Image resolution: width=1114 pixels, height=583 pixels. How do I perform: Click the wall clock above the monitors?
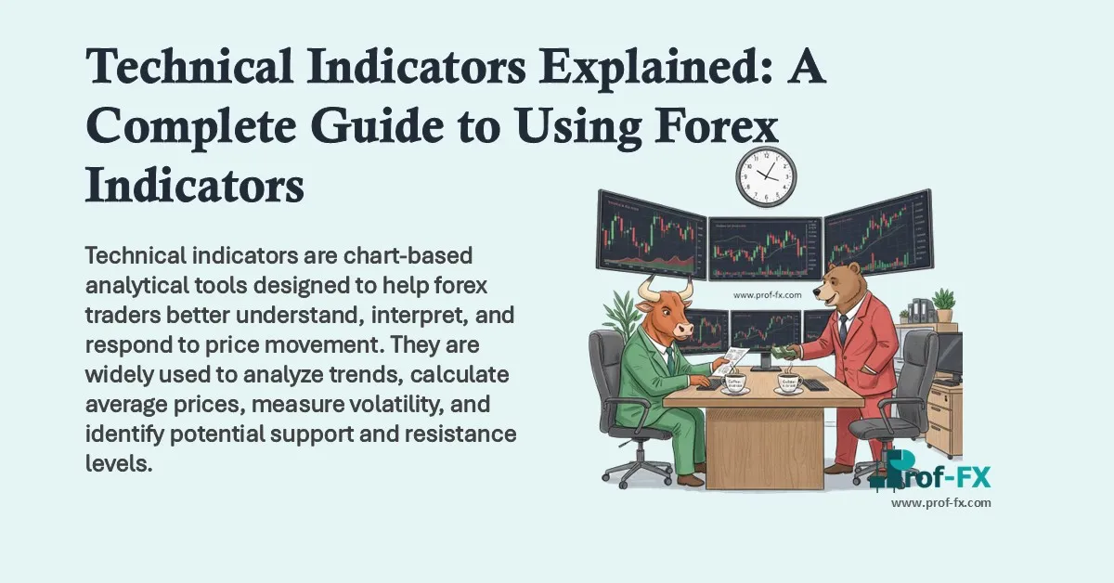767,176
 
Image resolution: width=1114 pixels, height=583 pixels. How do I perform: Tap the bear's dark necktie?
842,326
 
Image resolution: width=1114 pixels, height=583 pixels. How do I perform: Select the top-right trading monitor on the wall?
877,232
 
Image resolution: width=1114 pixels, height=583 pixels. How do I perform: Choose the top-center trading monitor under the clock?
767,248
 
